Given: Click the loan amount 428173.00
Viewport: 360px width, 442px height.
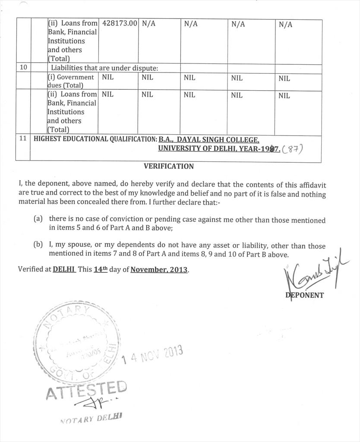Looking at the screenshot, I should coord(118,23).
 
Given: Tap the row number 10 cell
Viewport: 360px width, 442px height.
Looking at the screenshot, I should coord(23,67).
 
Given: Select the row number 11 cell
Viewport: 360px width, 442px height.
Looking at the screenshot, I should coord(23,139).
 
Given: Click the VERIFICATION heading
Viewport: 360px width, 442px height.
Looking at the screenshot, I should coord(168,166).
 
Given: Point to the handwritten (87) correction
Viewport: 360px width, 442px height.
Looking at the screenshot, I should coord(293,149).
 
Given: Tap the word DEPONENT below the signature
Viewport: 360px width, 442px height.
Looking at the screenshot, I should coord(305,295).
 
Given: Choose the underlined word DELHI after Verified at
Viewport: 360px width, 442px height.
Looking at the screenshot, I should coord(64,269).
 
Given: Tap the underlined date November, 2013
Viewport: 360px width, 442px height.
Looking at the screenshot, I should coord(159,269).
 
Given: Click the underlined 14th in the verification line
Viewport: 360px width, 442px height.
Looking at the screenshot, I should coord(100,269).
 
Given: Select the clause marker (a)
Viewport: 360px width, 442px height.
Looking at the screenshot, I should coord(38,219).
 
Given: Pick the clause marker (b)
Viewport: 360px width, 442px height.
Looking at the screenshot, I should coord(38,245).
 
